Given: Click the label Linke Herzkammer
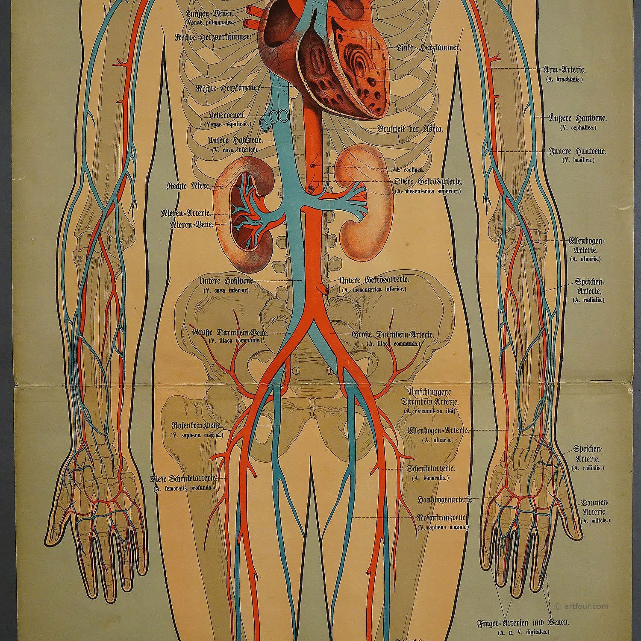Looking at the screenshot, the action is pyautogui.click(x=428, y=48).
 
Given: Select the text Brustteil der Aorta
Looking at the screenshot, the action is pyautogui.click(x=410, y=129).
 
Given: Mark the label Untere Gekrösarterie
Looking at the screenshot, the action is pyautogui.click(x=374, y=280).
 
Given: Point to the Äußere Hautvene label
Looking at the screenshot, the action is pyautogui.click(x=571, y=117).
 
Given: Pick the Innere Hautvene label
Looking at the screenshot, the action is pyautogui.click(x=572, y=151).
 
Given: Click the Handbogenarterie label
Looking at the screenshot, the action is pyautogui.click(x=445, y=499).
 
